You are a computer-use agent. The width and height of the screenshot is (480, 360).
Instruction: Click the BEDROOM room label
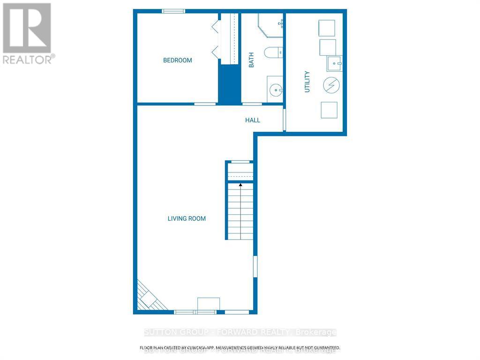[x=177, y=60]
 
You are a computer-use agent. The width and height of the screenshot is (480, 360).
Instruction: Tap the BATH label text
[x=251, y=60]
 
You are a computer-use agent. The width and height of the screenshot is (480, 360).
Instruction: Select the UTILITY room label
[x=307, y=82]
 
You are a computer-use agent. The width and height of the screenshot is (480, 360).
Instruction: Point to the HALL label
[x=252, y=120]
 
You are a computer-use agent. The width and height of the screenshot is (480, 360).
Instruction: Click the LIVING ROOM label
[x=187, y=218]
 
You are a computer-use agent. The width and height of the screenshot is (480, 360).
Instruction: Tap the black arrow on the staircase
[x=240, y=185]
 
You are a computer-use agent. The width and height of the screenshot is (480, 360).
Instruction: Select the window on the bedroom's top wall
[x=173, y=11]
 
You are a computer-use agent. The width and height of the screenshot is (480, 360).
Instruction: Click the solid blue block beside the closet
[x=230, y=84]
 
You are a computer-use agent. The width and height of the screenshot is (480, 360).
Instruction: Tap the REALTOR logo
[x=27, y=33]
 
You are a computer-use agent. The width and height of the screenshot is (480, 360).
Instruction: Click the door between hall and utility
[x=284, y=120]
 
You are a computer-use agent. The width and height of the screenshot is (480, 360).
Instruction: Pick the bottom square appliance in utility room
[x=329, y=110]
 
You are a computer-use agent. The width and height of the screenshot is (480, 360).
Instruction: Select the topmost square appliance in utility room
[x=327, y=28]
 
